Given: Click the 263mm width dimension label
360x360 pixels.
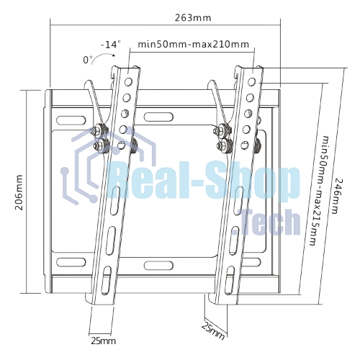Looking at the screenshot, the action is tap(193, 18).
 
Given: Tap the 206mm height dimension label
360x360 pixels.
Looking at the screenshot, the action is tap(19, 192).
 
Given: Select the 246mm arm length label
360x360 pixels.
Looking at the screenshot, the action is tap(336, 196).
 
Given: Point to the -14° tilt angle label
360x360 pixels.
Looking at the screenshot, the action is tap(111, 45).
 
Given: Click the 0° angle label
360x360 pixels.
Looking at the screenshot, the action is tap(88, 60).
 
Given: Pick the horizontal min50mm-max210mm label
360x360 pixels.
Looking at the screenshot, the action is tap(194, 45).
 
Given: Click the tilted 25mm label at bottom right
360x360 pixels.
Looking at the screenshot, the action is tap(213, 331).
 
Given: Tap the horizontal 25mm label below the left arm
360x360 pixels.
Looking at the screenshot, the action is tap(103, 341).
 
